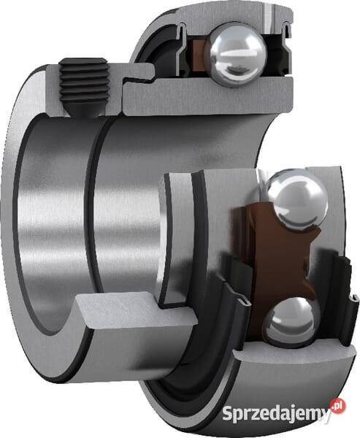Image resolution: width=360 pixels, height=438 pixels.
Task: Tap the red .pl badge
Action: (x=338, y=404)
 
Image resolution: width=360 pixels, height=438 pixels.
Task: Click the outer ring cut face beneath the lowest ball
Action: (x=292, y=356)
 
